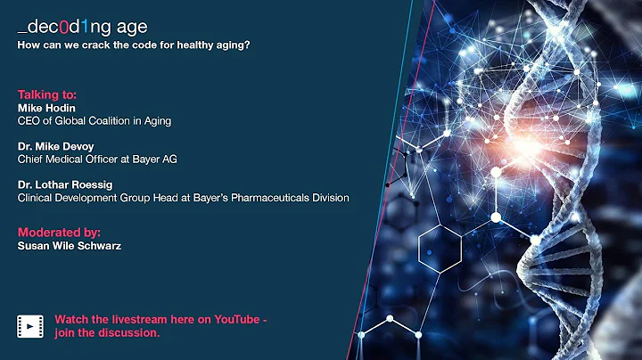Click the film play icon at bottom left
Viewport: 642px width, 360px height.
(30, 327)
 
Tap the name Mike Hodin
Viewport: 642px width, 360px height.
(46, 108)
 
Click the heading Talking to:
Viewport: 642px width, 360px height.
(45, 94)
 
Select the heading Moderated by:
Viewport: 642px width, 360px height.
(59, 232)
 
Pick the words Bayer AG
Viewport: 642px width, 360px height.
(165, 160)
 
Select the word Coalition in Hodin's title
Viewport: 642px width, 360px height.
(116, 120)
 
